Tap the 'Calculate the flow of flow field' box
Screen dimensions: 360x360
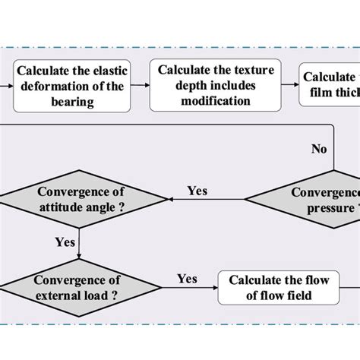279,287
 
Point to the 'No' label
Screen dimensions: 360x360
319,149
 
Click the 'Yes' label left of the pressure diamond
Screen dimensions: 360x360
197,191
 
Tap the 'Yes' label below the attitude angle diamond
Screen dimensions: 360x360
65,243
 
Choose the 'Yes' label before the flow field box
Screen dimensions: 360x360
188,279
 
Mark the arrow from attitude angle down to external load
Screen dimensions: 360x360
80,243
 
